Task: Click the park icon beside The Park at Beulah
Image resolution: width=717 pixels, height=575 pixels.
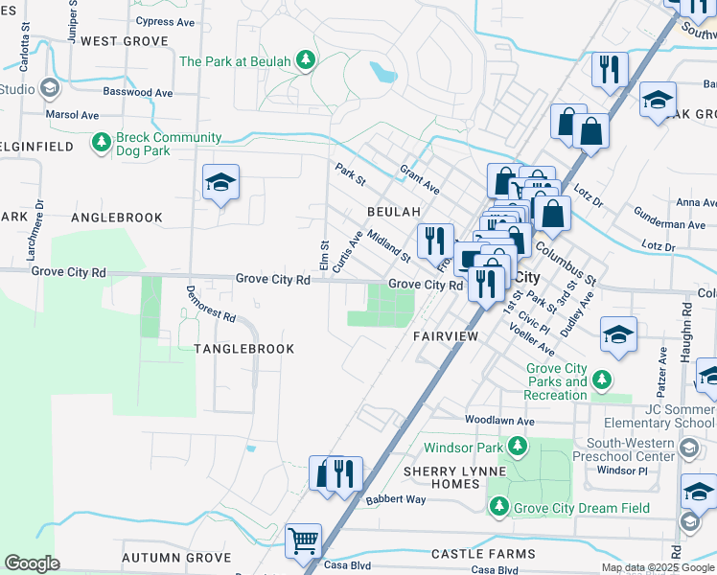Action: point(306,61)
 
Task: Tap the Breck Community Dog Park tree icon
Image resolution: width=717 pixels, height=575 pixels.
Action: point(101,144)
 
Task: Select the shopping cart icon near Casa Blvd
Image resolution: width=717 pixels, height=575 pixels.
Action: point(303,540)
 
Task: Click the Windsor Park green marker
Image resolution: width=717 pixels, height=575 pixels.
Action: point(518,447)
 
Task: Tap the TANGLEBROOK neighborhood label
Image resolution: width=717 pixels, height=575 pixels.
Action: point(244,349)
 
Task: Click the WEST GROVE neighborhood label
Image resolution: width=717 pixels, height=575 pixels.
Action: point(125,41)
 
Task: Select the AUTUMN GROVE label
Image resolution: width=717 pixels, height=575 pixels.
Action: point(176,558)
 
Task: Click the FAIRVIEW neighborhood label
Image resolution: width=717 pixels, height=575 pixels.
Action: point(446,337)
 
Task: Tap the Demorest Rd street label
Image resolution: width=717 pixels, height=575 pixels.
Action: point(211,303)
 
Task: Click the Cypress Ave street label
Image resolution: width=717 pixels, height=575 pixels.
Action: point(168,20)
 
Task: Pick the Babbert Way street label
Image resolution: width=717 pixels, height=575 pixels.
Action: point(395,499)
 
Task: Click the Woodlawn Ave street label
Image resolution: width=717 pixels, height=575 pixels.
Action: point(499,420)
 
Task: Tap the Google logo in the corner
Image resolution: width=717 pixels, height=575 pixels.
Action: point(32,563)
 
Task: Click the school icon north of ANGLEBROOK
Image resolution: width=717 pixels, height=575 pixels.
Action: point(221,183)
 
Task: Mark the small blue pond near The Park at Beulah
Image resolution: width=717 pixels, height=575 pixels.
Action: point(383,72)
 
